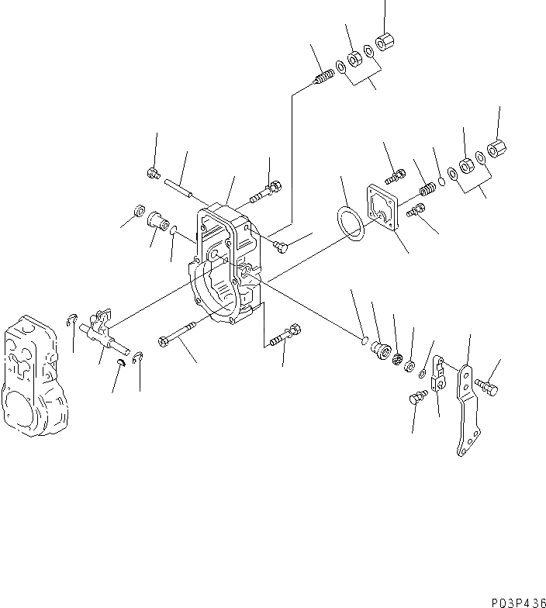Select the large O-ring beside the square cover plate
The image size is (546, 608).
click(350, 222)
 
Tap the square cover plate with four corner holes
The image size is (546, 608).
click(385, 207)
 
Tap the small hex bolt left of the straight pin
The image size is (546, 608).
click(154, 174)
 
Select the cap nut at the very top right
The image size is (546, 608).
click(383, 40)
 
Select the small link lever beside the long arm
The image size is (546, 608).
click(438, 372)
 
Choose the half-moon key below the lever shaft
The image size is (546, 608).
click(121, 362)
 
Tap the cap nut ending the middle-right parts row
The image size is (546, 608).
click(496, 148)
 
